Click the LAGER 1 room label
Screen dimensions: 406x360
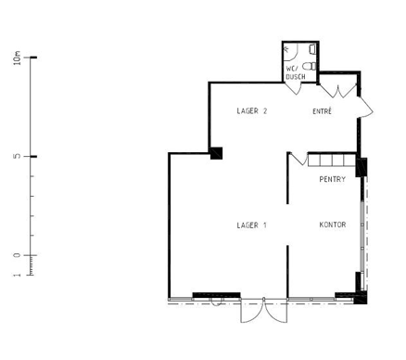coord(251,225)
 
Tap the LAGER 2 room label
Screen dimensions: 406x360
coord(251,111)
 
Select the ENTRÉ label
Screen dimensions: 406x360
coord(322,111)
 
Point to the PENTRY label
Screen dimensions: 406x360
coord(332,179)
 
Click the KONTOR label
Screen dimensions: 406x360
coord(333,225)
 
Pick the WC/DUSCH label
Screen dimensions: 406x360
coord(296,72)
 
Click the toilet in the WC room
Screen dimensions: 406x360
coord(310,66)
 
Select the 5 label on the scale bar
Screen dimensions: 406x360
coord(18,157)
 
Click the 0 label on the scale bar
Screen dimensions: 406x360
coord(18,255)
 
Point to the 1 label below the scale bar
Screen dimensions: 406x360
coord(18,275)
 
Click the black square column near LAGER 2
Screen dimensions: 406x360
coord(216,153)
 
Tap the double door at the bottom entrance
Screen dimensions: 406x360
coord(263,310)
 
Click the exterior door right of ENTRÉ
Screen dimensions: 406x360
coord(366,107)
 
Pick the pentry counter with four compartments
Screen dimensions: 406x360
coord(332,160)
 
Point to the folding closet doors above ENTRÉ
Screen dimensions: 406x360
coord(338,90)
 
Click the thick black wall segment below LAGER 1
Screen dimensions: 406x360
coord(216,295)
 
